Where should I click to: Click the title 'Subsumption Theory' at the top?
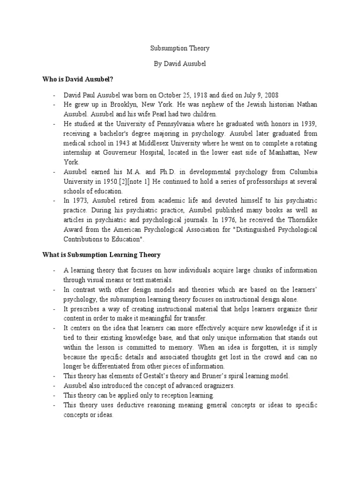click(x=180, y=48)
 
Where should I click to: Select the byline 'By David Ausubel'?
click(x=180, y=64)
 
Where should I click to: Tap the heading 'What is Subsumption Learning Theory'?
click(x=101, y=255)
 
